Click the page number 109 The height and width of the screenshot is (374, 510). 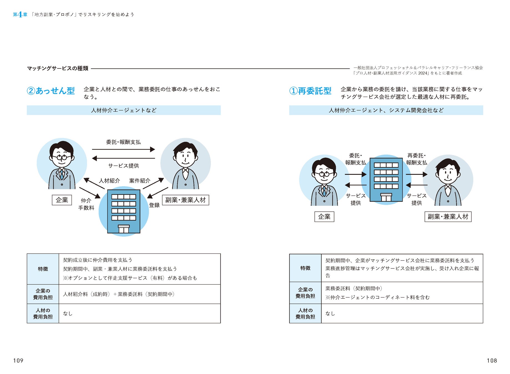point(18,360)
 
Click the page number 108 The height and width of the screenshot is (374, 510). point(492,360)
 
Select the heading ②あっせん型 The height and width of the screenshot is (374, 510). point(51,91)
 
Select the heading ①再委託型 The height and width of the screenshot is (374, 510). point(310,91)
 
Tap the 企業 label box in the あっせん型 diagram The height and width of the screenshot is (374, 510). point(62,200)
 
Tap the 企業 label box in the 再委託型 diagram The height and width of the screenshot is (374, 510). point(324,217)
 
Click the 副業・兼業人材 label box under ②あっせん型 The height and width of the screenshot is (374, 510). point(185,200)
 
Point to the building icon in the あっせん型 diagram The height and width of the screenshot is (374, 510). point(123,211)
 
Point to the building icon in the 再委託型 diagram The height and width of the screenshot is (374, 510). point(386,180)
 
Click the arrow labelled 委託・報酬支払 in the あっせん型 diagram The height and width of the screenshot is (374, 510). point(123,149)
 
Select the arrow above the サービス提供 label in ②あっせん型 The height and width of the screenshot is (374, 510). point(123,158)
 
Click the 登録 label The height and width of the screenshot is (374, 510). point(154,205)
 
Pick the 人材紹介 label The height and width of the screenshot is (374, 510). point(109,181)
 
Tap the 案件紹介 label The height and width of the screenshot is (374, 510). point(140,181)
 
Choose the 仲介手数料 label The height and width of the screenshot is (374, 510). point(86,204)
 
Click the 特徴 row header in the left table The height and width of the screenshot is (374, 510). point(43,269)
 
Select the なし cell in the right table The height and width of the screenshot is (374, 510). point(330,314)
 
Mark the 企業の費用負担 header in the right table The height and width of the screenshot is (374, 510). point(305,293)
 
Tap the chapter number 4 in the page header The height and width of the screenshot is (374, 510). point(20,15)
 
